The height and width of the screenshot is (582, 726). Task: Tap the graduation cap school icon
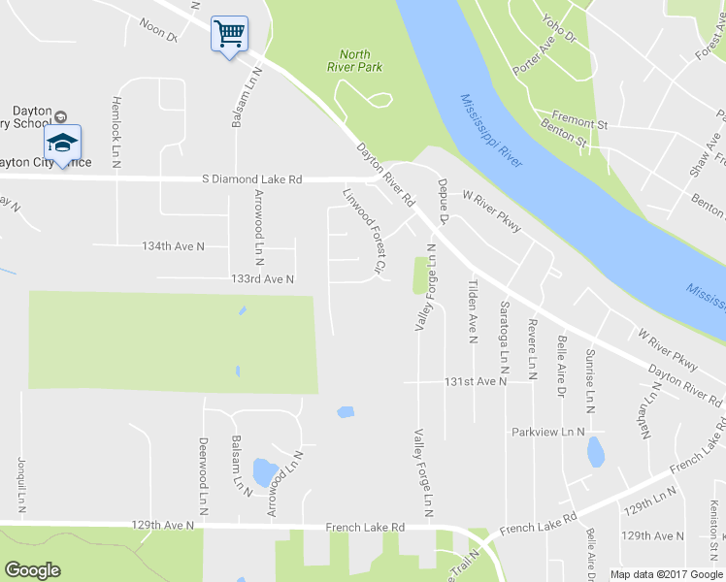pos(62,144)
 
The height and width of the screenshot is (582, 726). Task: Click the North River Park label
pos(361,60)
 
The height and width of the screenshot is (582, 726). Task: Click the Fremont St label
pos(580,124)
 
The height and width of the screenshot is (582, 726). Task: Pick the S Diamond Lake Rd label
pos(252,179)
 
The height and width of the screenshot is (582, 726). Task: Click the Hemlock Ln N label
pos(115,132)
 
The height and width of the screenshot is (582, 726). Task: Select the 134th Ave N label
pos(174,246)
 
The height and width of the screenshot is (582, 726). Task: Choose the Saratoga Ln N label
pos(504,338)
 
